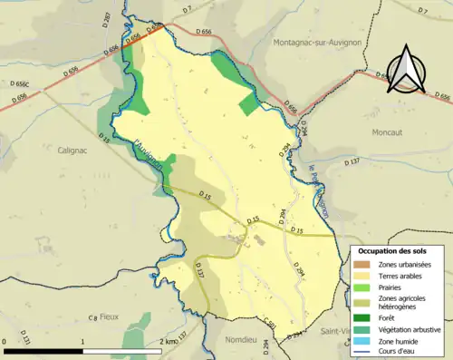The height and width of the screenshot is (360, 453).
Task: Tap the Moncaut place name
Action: pyautogui.click(x=391, y=131)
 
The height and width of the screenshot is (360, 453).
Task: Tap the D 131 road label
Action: pyautogui.click(x=25, y=340)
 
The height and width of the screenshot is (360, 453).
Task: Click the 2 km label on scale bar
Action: pyautogui.click(x=168, y=342)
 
